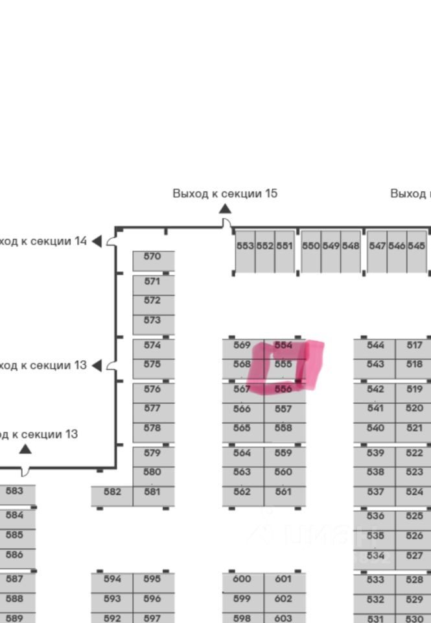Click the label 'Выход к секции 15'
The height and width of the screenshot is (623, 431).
coord(224,193)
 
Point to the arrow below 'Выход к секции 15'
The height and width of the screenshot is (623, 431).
coord(225,208)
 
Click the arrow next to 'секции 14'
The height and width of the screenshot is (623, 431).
coord(97,241)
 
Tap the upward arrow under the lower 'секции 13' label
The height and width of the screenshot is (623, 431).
coord(25,448)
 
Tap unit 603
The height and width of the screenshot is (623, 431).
coord(284,618)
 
